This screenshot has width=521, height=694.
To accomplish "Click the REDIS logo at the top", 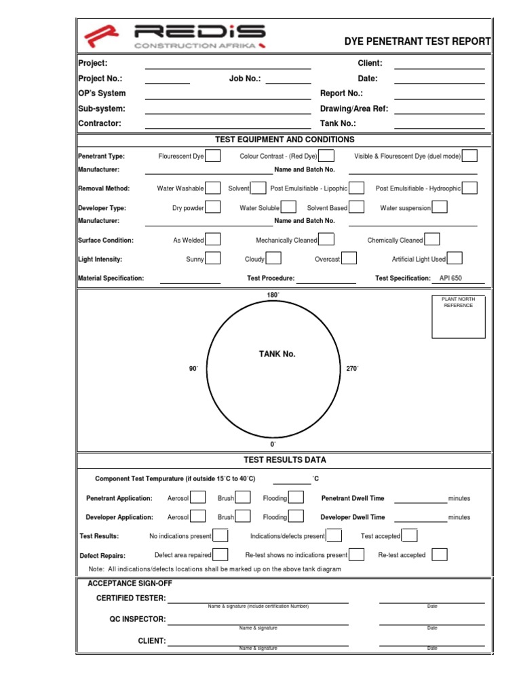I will (174, 37).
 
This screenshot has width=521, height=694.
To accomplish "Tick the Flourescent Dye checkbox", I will (212, 156).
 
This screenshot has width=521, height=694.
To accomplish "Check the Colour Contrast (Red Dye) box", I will (327, 156).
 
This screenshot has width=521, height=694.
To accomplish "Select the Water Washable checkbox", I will (212, 188).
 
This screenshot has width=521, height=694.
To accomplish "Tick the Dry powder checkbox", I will (212, 207).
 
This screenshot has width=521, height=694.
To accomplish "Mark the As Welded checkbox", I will (212, 239).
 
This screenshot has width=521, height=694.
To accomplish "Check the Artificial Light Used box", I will (455, 258).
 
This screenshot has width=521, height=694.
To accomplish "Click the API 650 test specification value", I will (450, 278).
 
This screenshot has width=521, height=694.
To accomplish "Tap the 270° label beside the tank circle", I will (352, 369).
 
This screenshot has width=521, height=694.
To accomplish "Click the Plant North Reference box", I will (459, 317).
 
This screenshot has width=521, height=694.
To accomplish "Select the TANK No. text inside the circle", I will (277, 354).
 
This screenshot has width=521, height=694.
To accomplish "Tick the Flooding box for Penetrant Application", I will (296, 497).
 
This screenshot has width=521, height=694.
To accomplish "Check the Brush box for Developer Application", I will (243, 516).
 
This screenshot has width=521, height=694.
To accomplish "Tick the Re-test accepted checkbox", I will (440, 554).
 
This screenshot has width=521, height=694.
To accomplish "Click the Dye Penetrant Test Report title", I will (417, 41).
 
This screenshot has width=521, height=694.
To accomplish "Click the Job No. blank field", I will (288, 79).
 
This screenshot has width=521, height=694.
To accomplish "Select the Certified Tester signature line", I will (258, 599).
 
